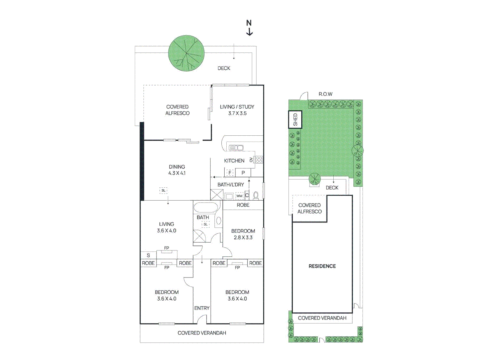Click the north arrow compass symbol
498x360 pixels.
pyautogui.click(x=249, y=28)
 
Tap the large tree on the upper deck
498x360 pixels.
pyautogui.click(x=186, y=53)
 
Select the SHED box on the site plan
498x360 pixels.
pyautogui.click(x=295, y=119)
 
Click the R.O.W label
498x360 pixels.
pyautogui.click(x=325, y=94)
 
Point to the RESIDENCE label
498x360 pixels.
pyautogui.click(x=322, y=266)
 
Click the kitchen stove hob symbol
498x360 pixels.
pyautogui.click(x=259, y=160)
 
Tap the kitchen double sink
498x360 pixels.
pyautogui.click(x=236, y=148)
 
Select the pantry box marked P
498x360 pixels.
pyautogui.click(x=243, y=173)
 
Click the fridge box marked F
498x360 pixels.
pyautogui.click(x=230, y=173)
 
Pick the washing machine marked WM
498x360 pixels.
pyautogui.click(x=239, y=196)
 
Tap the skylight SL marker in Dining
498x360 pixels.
pyautogui.click(x=163, y=190)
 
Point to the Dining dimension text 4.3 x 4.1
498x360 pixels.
pyautogui.click(x=177, y=173)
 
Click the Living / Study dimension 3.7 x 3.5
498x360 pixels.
pyautogui.click(x=237, y=113)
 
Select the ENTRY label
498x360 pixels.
pyautogui.click(x=202, y=308)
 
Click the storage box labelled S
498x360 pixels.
pyautogui.click(x=148, y=255)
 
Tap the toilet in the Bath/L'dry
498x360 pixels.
pyautogui.click(x=256, y=195)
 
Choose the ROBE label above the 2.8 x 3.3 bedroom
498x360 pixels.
pyautogui.click(x=243, y=205)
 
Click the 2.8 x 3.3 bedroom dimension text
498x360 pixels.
pyautogui.click(x=243, y=237)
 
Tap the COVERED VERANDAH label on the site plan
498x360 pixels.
pyautogui.click(x=322, y=318)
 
